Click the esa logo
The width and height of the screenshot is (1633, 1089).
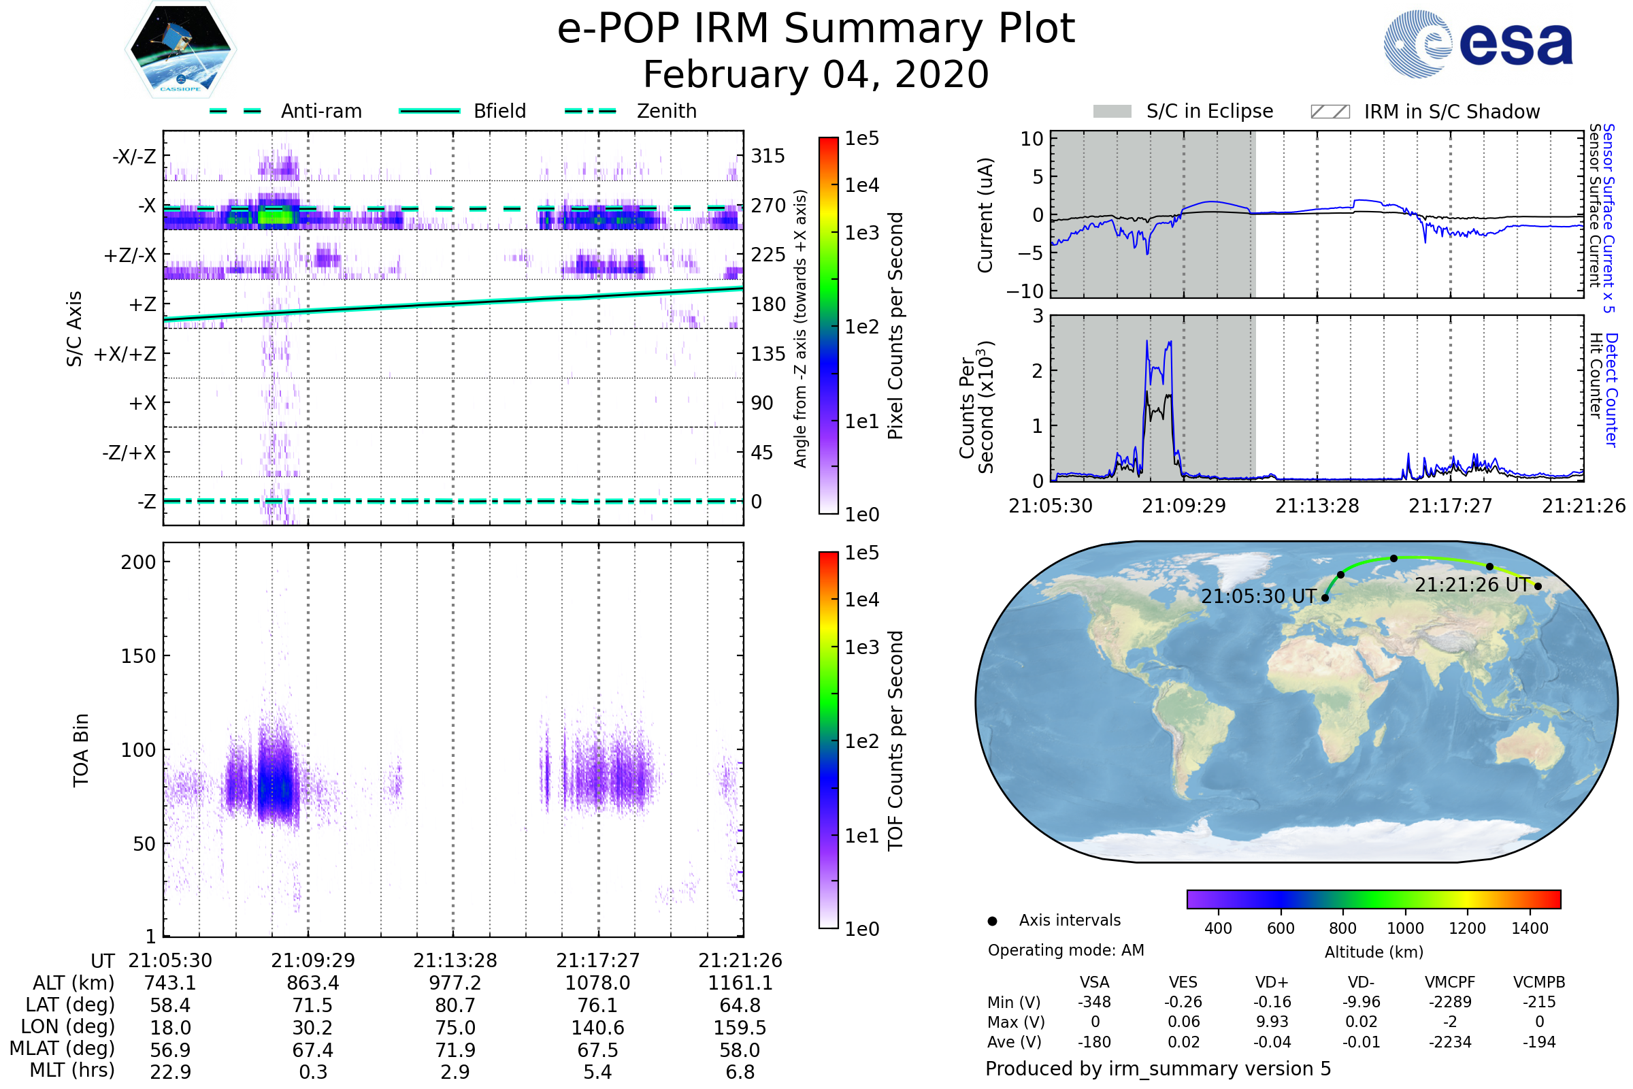pos(1479,44)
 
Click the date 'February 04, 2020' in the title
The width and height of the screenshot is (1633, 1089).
pos(816,74)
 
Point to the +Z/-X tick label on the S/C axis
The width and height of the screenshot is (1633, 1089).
pos(130,256)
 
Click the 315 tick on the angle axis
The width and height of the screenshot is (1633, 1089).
pos(768,156)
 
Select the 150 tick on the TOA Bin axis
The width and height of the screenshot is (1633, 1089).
pos(138,656)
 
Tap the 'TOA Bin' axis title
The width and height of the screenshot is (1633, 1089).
pos(81,750)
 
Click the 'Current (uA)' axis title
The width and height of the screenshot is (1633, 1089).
pos(985,214)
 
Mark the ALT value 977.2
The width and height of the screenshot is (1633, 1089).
pos(455,984)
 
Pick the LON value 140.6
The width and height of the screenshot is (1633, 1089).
pos(598,1028)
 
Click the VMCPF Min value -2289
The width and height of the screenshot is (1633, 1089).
pos(1450,1002)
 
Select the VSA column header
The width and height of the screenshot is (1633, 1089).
pos(1094,983)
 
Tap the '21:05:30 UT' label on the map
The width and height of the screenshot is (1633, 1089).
pos(1258,597)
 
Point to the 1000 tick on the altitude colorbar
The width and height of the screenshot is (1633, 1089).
pos(1405,928)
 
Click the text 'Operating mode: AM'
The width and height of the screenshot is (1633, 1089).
pos(1066,950)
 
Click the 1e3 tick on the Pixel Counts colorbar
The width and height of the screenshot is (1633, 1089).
pos(861,233)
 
